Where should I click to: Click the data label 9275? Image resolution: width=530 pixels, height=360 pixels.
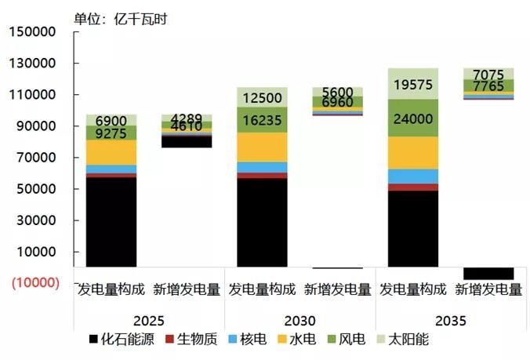[111, 134]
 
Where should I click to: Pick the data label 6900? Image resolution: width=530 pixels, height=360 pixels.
[111, 121]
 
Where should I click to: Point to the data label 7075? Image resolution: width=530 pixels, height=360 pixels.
[488, 75]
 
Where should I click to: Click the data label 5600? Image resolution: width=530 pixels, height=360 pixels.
[337, 92]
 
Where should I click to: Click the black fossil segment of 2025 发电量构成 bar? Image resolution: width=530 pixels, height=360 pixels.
[111, 224]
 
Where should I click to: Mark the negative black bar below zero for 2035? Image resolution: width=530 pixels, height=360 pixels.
[488, 273]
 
